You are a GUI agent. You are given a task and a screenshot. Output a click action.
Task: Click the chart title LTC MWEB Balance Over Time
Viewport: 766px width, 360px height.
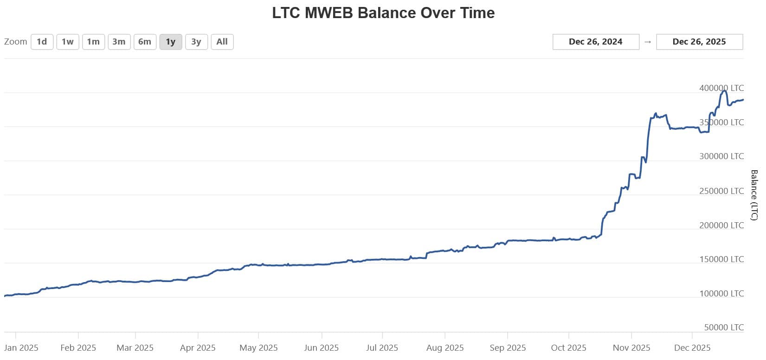coord(383,13)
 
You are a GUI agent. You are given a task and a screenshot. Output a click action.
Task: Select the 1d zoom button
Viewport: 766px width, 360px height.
coord(42,42)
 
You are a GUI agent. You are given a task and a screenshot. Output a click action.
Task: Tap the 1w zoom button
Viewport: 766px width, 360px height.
coord(68,42)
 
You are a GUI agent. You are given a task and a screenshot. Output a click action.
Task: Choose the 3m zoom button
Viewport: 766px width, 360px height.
coord(119,42)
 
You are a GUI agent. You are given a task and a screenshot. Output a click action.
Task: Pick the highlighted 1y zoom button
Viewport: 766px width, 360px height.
coord(171,42)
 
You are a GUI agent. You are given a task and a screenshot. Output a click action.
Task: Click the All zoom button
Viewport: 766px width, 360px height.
coord(222,42)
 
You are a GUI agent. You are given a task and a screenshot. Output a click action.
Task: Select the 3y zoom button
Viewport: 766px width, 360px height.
coord(196,42)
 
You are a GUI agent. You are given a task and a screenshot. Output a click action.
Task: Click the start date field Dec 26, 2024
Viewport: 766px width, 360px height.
coord(595,42)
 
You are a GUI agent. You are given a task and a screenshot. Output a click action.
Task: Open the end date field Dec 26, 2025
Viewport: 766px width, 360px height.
coord(699,42)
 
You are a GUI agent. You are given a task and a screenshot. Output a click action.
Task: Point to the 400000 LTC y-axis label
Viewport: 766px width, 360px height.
coord(721,88)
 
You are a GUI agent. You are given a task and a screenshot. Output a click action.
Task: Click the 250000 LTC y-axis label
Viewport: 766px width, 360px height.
coord(721,191)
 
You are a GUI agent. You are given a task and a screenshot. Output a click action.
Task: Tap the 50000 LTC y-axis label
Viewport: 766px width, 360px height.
coord(723,328)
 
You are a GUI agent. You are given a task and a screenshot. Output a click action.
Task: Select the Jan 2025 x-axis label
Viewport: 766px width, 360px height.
coord(21,348)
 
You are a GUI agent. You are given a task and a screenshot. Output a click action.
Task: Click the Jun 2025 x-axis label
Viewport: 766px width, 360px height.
coord(321,348)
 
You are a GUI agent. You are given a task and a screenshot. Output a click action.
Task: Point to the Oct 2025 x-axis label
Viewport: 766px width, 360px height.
coord(568,348)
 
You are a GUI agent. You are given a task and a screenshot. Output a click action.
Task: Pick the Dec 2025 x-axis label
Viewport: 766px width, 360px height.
coord(692,348)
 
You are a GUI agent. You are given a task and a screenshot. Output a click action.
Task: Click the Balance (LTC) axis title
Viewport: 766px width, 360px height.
coord(754,195)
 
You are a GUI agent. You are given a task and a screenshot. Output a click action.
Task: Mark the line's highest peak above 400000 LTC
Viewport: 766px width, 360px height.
coord(725,91)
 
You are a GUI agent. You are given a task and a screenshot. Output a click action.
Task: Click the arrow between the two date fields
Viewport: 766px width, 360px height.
coord(648,42)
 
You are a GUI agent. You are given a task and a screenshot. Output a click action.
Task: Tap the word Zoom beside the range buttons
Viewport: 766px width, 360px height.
coord(16,42)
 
